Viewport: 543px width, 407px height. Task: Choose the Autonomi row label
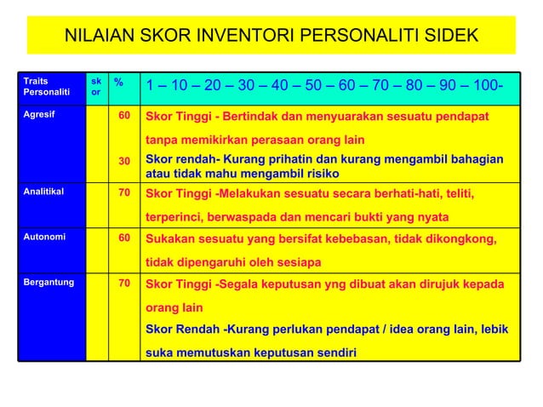(x=41, y=238)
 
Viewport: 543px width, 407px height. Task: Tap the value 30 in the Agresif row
(x=123, y=161)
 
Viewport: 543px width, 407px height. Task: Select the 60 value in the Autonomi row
(x=123, y=238)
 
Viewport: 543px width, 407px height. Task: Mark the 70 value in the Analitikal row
(x=123, y=192)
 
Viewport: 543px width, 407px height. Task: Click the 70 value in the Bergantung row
(x=123, y=280)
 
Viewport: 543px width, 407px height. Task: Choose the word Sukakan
(x=173, y=238)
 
